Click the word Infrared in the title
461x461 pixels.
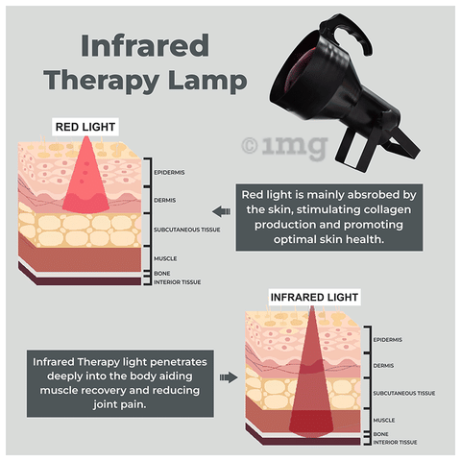[145, 46]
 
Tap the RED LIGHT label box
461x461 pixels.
[85, 127]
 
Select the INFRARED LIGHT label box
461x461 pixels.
[314, 297]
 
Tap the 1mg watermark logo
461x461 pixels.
[284, 147]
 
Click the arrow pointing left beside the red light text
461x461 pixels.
[221, 211]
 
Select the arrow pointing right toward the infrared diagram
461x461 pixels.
[229, 377]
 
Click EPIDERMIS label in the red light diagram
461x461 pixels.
[169, 173]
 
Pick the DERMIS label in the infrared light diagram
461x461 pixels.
[383, 366]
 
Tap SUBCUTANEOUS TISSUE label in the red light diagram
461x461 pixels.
[187, 230]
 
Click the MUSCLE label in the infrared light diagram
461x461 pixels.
[384, 420]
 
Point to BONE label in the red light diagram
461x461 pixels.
[162, 274]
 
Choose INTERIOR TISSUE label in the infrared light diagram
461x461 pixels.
[395, 443]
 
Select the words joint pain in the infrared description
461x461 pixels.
[120, 405]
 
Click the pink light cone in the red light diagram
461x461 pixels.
[85, 180]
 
